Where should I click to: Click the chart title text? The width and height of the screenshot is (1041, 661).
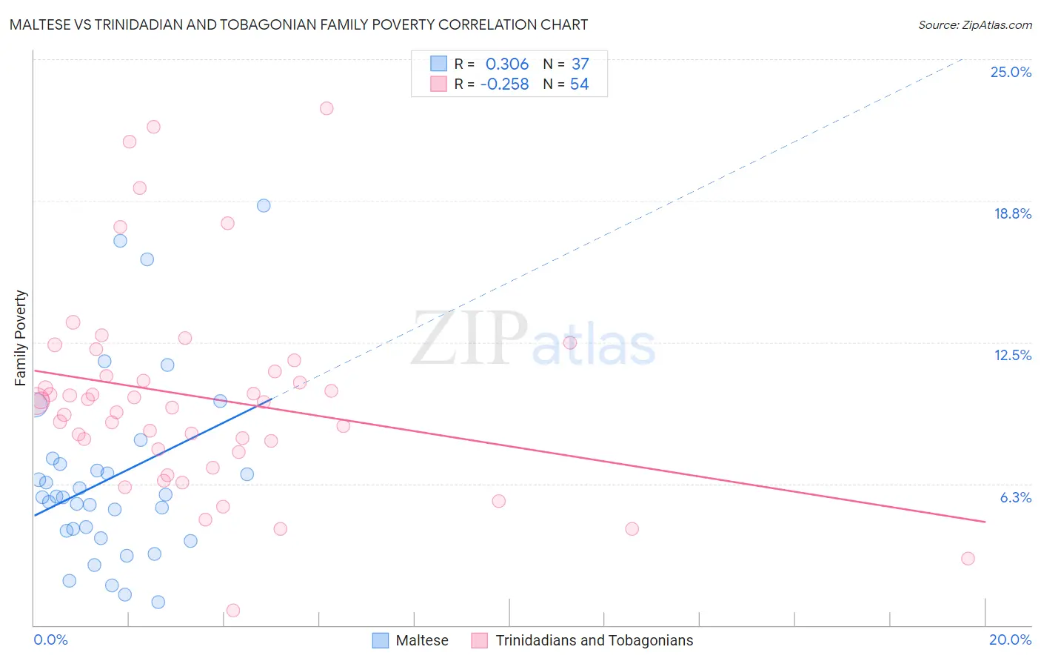click(x=298, y=24)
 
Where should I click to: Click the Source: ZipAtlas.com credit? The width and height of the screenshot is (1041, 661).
click(x=974, y=25)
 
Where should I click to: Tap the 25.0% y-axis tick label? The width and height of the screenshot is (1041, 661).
click(x=1011, y=72)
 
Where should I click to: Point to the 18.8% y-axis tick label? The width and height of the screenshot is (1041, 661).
click(x=1012, y=213)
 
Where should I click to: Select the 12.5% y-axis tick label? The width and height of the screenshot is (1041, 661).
click(x=1012, y=355)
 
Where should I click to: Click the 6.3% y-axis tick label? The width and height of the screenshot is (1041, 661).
click(x=1015, y=497)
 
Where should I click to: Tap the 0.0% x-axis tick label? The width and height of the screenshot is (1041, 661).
click(x=50, y=640)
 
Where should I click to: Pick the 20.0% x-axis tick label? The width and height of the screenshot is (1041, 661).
click(x=1010, y=640)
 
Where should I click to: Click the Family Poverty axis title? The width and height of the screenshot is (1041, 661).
click(x=21, y=338)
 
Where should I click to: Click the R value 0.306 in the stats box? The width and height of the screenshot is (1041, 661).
click(x=506, y=64)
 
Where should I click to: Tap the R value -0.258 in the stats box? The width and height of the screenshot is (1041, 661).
click(x=504, y=84)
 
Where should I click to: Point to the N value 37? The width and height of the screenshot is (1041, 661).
click(x=580, y=64)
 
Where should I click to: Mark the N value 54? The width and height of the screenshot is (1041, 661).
click(x=579, y=84)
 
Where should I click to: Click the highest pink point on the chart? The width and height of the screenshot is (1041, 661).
click(x=327, y=108)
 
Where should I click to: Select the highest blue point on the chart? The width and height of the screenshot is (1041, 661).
click(x=264, y=205)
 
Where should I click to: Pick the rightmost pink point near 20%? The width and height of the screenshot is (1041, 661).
click(x=968, y=559)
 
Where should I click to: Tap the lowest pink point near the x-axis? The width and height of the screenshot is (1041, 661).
click(x=233, y=611)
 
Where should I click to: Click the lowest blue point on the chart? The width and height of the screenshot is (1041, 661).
click(x=158, y=602)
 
